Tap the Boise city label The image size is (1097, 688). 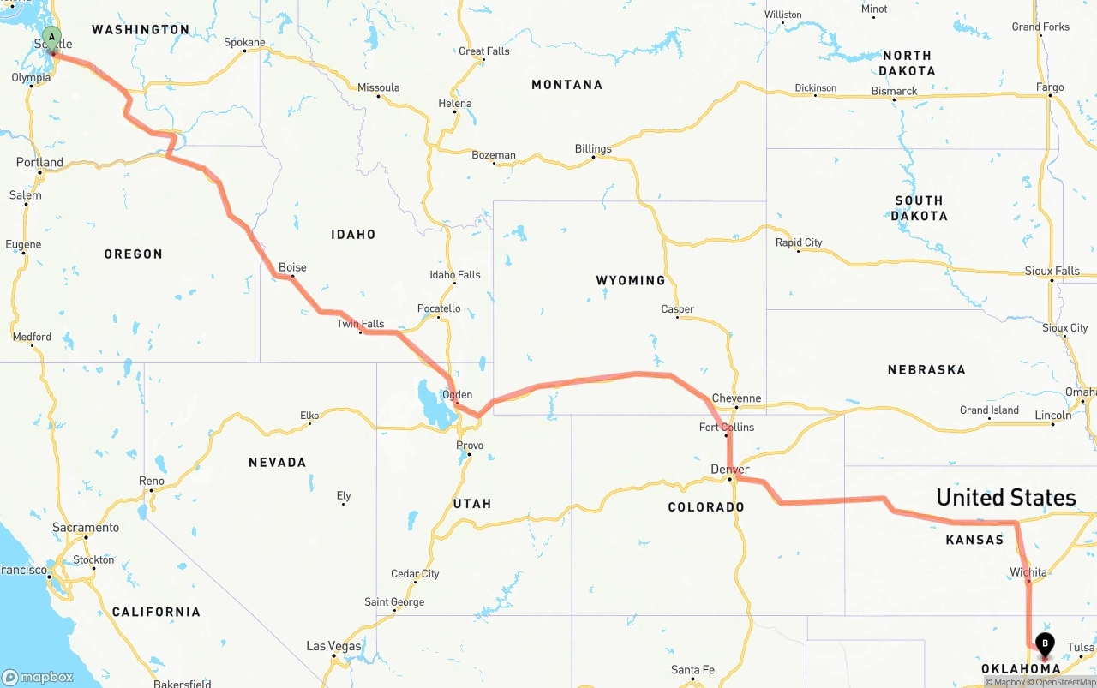pos(292,267)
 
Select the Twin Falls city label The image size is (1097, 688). pos(360,324)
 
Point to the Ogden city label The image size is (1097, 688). pos(457,395)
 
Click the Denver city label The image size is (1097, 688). pos(729,470)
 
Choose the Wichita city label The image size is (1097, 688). pos(1028,572)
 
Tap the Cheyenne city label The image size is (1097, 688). pos(736,398)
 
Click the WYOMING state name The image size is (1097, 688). pos(630,280)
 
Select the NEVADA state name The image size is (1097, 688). pos(277,463)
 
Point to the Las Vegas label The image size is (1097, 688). pos(333,646)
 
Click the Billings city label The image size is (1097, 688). pos(593,149)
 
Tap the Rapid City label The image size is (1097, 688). pos(799,242)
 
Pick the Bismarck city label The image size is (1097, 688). pos(894,91)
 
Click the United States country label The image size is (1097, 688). pos(1005,498)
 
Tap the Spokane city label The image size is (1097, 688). pos(244,42)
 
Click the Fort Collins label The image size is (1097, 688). pos(727,427)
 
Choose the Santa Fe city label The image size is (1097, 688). pos(692,670)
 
